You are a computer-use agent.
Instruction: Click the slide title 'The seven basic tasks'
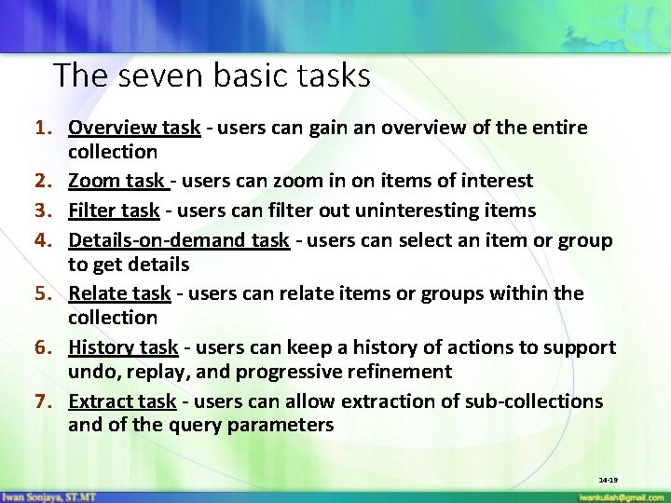coord(212,75)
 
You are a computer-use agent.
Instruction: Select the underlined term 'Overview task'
coord(134,128)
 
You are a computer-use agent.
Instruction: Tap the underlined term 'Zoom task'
coord(116,181)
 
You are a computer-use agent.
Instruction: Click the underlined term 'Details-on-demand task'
coord(179,240)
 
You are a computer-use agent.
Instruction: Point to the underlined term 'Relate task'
coord(119,293)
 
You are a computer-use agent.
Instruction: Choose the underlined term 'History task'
coord(123,347)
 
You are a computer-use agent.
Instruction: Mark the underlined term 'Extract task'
coord(122,401)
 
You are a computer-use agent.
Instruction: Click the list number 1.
coord(42,128)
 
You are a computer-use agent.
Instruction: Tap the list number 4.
coord(42,240)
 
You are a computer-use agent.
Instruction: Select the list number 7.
coord(42,401)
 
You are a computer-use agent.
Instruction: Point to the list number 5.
coord(42,293)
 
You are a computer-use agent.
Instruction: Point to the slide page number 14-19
coord(609,480)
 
